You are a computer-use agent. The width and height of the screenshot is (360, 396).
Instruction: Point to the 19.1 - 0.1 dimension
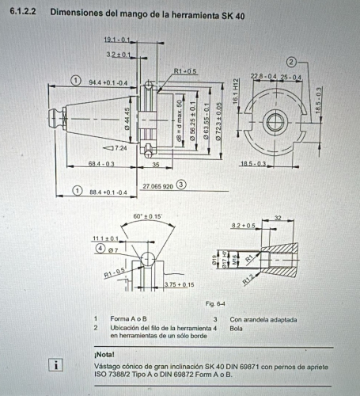[116, 39]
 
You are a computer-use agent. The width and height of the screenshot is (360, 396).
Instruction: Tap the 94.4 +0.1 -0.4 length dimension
[107, 82]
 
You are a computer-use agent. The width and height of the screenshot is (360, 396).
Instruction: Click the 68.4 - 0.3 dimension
[101, 164]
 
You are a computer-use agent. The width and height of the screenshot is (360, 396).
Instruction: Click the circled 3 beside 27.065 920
[181, 185]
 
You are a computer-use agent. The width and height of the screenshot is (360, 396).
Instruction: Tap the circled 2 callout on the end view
[291, 61]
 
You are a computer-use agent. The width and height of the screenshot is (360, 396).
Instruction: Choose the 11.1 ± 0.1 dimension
[105, 238]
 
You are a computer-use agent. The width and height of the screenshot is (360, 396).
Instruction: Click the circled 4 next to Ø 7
[100, 249]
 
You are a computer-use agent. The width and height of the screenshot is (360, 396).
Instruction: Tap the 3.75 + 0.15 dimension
[178, 284]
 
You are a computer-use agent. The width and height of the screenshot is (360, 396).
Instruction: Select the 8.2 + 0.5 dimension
[244, 226]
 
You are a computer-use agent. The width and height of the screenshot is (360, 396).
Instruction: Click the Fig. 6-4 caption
[216, 303]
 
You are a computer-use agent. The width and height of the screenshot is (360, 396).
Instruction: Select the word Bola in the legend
[237, 327]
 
